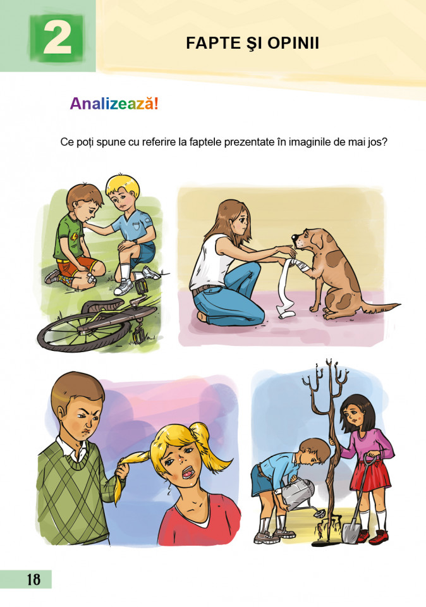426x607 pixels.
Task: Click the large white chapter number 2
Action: pos(58,37)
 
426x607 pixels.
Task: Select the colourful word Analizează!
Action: pos(114,104)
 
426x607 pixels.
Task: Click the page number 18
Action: pos(34,580)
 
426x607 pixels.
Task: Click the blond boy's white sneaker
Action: pos(123,287)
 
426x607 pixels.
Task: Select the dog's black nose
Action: pos(294,236)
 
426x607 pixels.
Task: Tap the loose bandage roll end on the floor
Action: pos(284,312)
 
